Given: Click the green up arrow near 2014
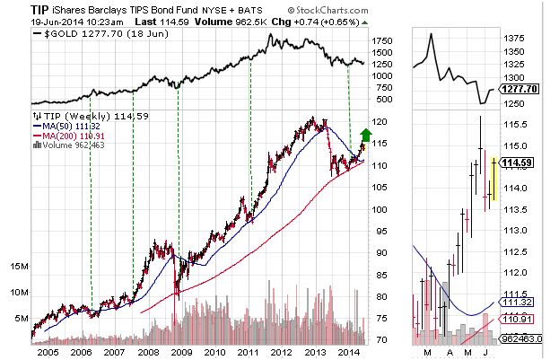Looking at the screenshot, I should pyautogui.click(x=364, y=135).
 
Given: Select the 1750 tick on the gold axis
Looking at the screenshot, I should pyautogui.click(x=385, y=41).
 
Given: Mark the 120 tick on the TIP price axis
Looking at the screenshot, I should pyautogui.click(x=380, y=122).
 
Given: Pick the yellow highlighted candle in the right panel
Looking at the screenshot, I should pyautogui.click(x=494, y=177).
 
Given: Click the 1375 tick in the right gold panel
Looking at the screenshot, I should pyautogui.click(x=515, y=40).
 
